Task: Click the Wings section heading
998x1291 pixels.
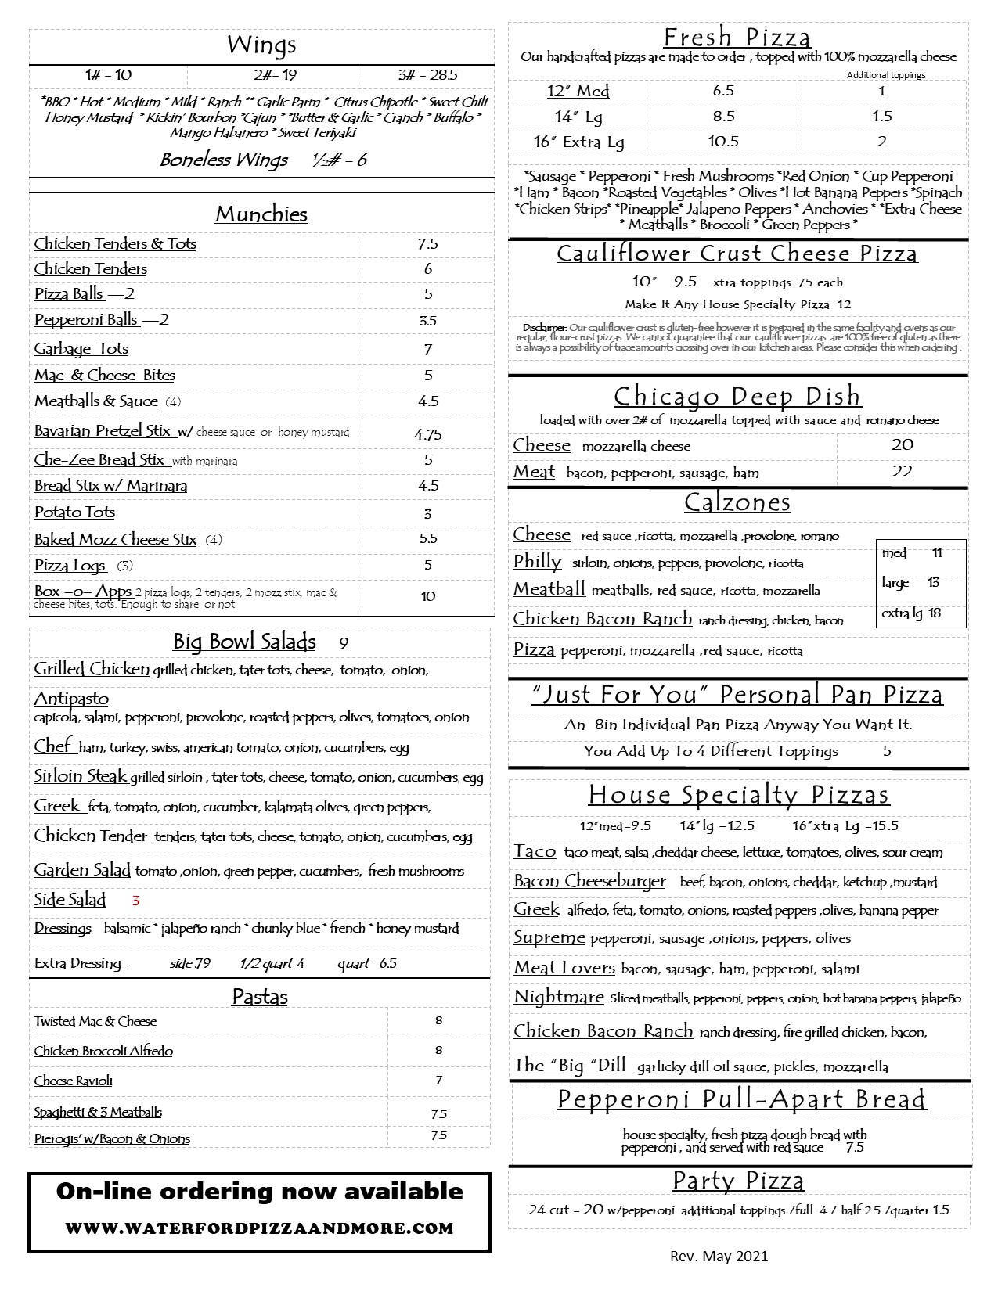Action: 261,45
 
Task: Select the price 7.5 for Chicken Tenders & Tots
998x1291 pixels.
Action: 427,244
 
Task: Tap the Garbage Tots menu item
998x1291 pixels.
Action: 81,349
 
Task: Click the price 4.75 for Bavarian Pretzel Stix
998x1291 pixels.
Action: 428,434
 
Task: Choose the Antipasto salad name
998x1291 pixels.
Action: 71,699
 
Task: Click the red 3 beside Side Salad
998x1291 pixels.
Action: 135,901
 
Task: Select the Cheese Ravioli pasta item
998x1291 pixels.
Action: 74,1081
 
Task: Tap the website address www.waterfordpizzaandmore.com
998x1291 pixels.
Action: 259,1228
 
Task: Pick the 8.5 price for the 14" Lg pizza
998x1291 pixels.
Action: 723,117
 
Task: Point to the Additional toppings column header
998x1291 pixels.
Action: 886,75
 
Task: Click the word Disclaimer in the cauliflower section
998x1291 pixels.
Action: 544,328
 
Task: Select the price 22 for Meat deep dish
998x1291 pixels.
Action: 903,471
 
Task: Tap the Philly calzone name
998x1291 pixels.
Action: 537,562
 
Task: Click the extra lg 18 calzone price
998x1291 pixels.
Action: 912,613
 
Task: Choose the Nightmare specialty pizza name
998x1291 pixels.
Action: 559,998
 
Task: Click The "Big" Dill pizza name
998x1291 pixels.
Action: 570,1066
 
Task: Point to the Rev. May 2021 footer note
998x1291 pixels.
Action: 719,1257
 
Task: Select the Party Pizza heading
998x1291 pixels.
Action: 738,1181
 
